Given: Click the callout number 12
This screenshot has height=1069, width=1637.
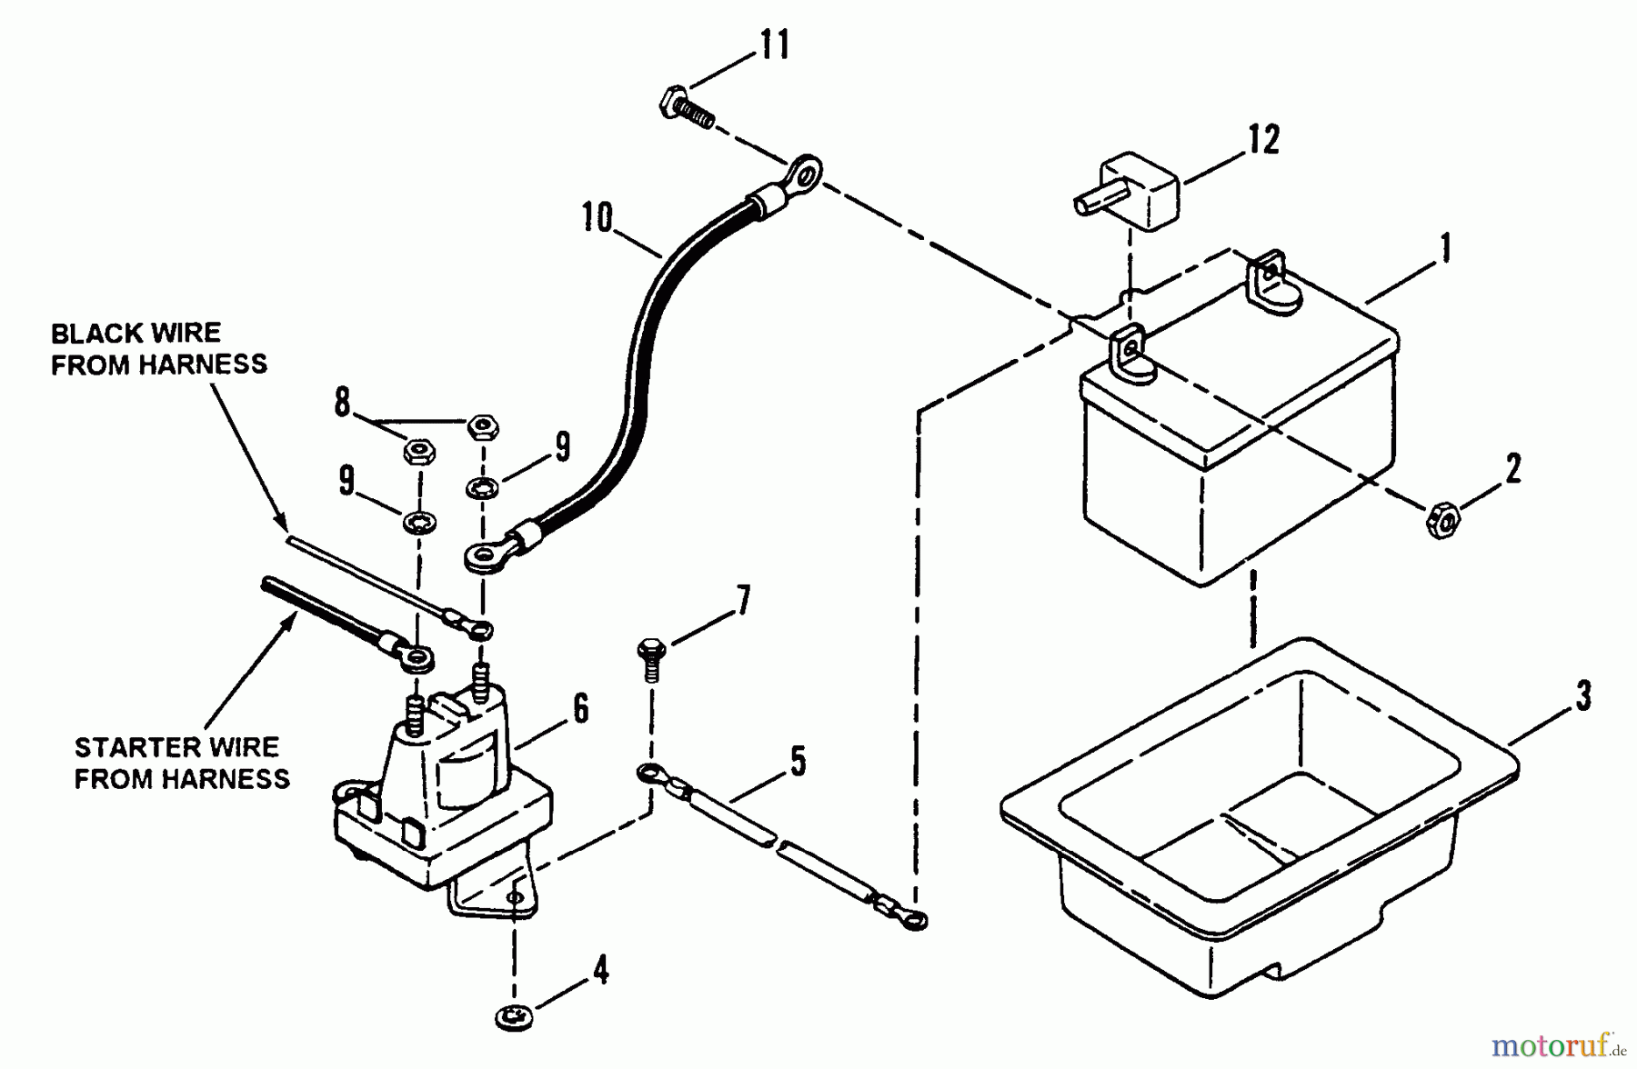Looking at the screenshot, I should pos(1263,139).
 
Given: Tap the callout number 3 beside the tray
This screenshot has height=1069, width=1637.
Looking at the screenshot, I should pos(1583,695).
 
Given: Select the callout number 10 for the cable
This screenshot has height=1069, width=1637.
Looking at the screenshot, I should pos(598,218).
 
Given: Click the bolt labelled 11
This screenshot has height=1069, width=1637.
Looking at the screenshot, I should pos(685,106).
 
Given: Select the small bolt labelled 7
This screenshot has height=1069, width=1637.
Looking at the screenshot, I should pos(652,658).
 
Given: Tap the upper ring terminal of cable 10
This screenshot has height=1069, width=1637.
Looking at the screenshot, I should pos(803,171).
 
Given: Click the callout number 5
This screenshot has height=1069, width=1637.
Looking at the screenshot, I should pos(798,762).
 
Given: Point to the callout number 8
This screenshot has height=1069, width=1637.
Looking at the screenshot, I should pos(342,401).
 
